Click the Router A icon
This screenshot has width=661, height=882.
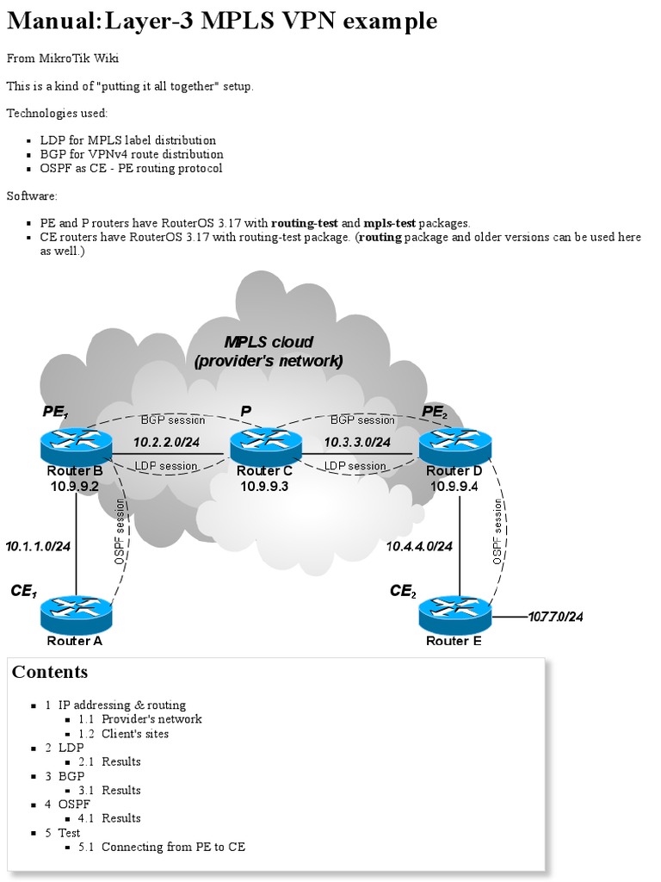(x=76, y=612)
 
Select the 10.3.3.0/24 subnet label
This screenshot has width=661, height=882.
(x=358, y=442)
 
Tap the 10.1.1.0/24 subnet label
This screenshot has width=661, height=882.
(x=38, y=545)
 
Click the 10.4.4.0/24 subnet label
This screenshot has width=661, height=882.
(x=419, y=545)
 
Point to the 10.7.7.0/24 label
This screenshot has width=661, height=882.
(x=556, y=617)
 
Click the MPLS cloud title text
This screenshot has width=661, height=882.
(x=269, y=351)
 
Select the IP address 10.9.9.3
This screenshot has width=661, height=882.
(x=265, y=487)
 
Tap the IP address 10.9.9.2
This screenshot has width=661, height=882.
(x=76, y=487)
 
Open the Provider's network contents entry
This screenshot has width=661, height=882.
(x=151, y=719)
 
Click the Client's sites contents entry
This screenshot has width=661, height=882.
(x=135, y=734)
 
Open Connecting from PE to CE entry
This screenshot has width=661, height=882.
(x=173, y=847)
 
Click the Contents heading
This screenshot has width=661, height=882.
(x=50, y=672)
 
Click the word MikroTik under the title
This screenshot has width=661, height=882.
(x=66, y=59)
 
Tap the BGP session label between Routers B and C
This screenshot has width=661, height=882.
(x=173, y=420)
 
